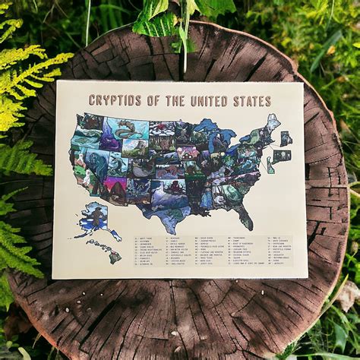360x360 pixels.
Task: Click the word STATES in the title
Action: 255,101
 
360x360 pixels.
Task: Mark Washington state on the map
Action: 92,122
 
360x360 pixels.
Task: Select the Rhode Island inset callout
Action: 286,139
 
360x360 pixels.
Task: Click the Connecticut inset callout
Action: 281,156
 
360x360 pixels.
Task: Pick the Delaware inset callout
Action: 270,166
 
